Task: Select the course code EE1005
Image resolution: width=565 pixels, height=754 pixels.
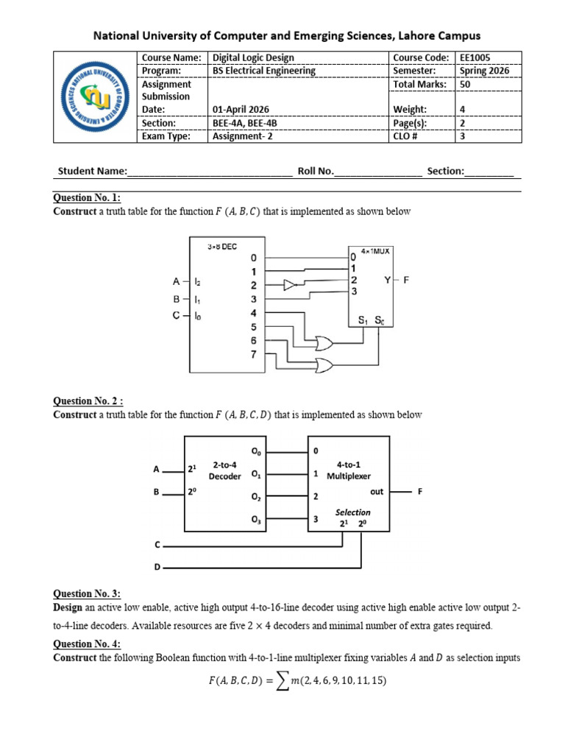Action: (x=475, y=57)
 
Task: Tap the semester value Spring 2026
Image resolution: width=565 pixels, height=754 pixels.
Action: (x=484, y=71)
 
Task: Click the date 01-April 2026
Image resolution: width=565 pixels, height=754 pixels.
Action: (x=241, y=110)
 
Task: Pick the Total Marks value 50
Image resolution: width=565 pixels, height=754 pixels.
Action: (x=465, y=84)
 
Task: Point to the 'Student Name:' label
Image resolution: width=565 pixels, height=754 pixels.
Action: (x=92, y=171)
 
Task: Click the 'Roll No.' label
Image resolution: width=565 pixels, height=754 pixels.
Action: (x=316, y=171)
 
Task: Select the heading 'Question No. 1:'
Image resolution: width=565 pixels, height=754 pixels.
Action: (x=87, y=197)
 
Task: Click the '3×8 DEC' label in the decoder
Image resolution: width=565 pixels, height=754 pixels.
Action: (x=222, y=247)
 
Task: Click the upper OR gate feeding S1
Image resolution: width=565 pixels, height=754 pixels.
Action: (x=324, y=343)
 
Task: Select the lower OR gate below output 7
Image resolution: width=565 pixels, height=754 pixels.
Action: (x=324, y=365)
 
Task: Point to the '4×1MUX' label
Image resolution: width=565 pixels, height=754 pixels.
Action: (x=375, y=251)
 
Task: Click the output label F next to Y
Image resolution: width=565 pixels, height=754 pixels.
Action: (x=406, y=280)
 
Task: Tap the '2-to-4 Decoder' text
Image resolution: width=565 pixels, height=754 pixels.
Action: (x=224, y=471)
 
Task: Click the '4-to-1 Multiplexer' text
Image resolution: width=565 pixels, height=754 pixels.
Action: (x=349, y=471)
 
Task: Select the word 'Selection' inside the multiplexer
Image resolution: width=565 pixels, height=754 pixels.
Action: (x=352, y=512)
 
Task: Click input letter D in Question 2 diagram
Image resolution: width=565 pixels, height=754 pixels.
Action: (x=157, y=568)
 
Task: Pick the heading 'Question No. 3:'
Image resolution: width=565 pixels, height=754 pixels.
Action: (x=87, y=594)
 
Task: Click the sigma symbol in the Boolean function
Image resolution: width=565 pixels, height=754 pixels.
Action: (x=283, y=681)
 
